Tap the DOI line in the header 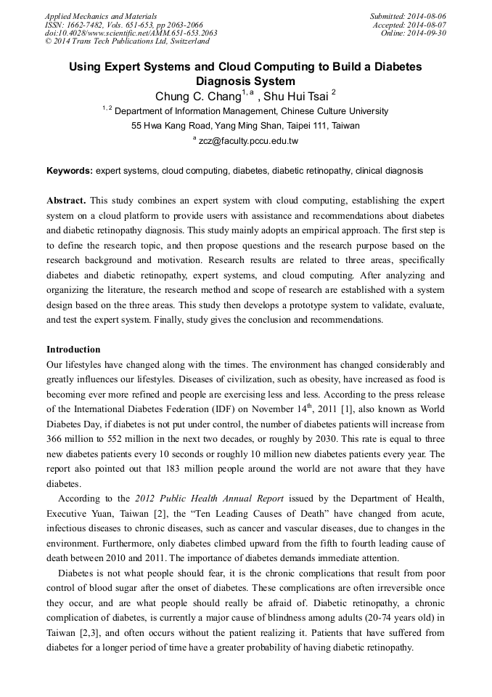(131, 33)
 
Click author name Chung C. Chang (198, 96)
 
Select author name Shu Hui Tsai (297, 96)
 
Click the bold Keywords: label (70, 171)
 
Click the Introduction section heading (73, 350)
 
